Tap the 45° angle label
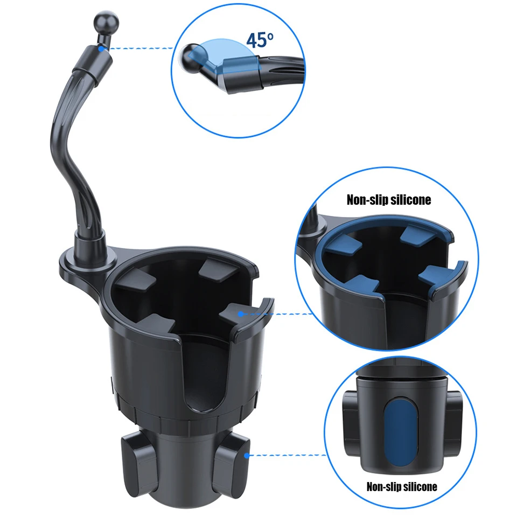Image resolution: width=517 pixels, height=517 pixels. (260, 40)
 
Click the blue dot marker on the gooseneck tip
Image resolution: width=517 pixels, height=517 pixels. (102, 48)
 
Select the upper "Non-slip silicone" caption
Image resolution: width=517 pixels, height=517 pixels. (389, 200)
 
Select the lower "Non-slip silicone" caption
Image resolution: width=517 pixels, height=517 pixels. (402, 487)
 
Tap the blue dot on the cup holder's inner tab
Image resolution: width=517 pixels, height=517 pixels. (241, 313)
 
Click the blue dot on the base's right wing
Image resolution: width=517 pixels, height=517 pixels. (247, 456)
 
